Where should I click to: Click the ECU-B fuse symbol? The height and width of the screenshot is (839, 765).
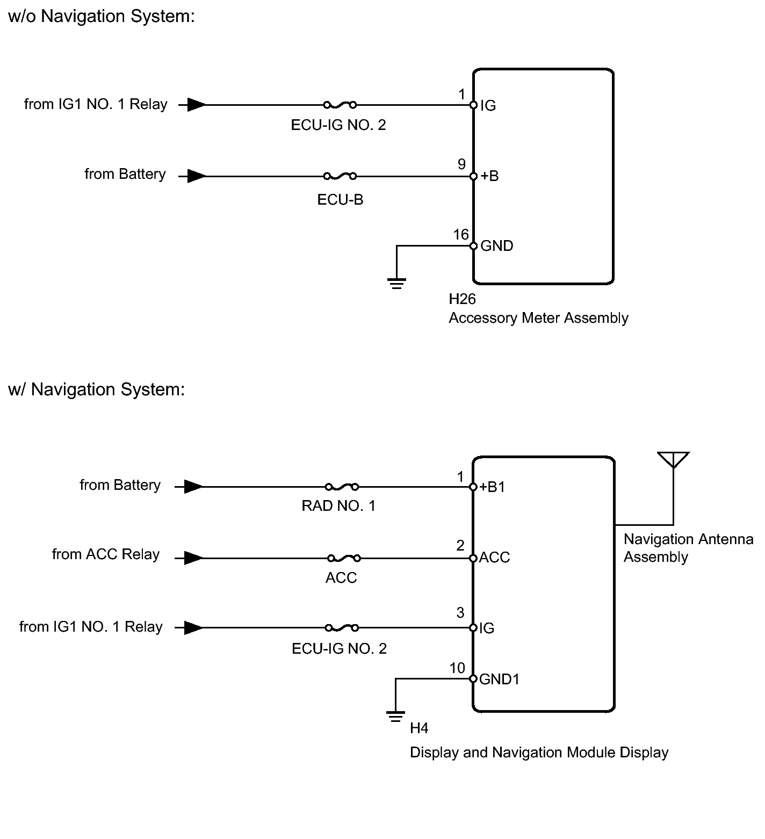coord(340,176)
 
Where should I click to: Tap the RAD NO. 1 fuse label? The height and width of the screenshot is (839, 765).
coord(338,505)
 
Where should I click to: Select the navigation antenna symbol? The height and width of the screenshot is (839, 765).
coord(673,460)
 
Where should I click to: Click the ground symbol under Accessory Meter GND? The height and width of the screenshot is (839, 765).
coord(396,284)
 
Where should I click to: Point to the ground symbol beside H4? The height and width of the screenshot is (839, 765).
coord(395,717)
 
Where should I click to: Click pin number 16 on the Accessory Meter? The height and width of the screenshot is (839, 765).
coord(461,234)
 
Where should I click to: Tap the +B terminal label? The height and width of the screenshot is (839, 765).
coord(489,176)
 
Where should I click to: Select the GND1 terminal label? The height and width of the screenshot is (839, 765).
coord(500,679)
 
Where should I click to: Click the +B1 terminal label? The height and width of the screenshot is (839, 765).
coord(492,487)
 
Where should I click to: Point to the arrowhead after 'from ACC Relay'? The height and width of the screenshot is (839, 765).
coord(194,558)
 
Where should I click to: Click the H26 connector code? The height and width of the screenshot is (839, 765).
coord(463,299)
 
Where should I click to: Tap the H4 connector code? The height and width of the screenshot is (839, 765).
coord(419,728)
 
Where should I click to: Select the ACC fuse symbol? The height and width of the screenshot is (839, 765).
coord(344,558)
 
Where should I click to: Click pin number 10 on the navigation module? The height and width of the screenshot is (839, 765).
coord(457,668)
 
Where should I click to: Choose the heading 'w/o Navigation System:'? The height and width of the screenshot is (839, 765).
coord(102,16)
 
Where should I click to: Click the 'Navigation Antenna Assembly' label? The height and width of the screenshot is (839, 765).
coord(688,548)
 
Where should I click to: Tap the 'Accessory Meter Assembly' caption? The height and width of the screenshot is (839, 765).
coord(538,318)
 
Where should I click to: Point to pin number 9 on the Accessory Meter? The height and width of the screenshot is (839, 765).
coord(461,164)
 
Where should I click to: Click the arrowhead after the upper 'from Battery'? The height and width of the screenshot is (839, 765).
coord(197,176)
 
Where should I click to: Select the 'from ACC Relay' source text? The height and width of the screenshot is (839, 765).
coord(106,554)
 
